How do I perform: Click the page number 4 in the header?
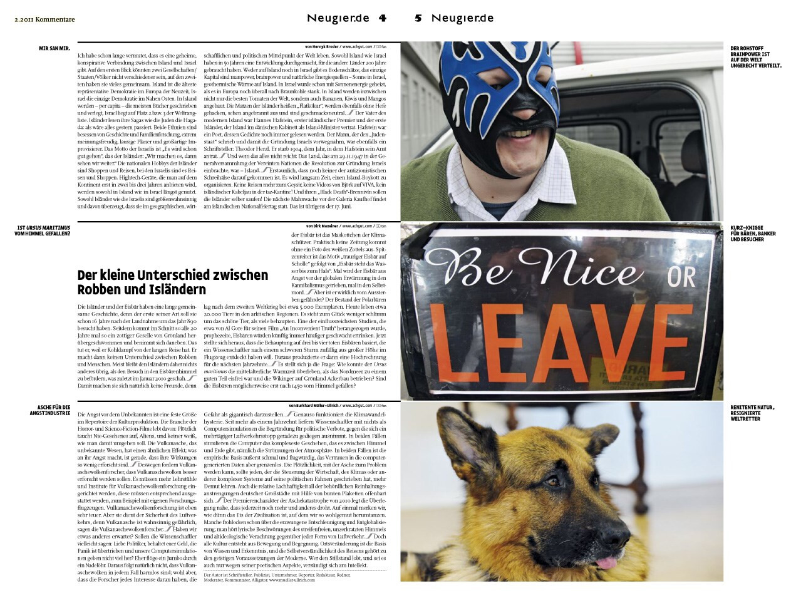click(381, 18)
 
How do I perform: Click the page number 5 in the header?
click(418, 18)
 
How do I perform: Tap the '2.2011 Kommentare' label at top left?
click(44, 19)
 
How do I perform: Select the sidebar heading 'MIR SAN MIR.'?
click(54, 48)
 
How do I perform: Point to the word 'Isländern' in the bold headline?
click(179, 290)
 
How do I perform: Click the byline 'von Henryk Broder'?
click(322, 47)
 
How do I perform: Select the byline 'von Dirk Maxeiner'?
click(322, 225)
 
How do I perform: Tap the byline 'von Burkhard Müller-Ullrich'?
click(313, 405)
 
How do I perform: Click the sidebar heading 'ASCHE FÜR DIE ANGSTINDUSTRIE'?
click(53, 411)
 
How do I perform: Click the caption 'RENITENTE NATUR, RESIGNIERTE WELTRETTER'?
click(752, 413)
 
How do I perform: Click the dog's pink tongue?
click(605, 564)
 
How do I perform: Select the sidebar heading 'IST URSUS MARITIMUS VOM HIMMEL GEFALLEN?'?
click(43, 230)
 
